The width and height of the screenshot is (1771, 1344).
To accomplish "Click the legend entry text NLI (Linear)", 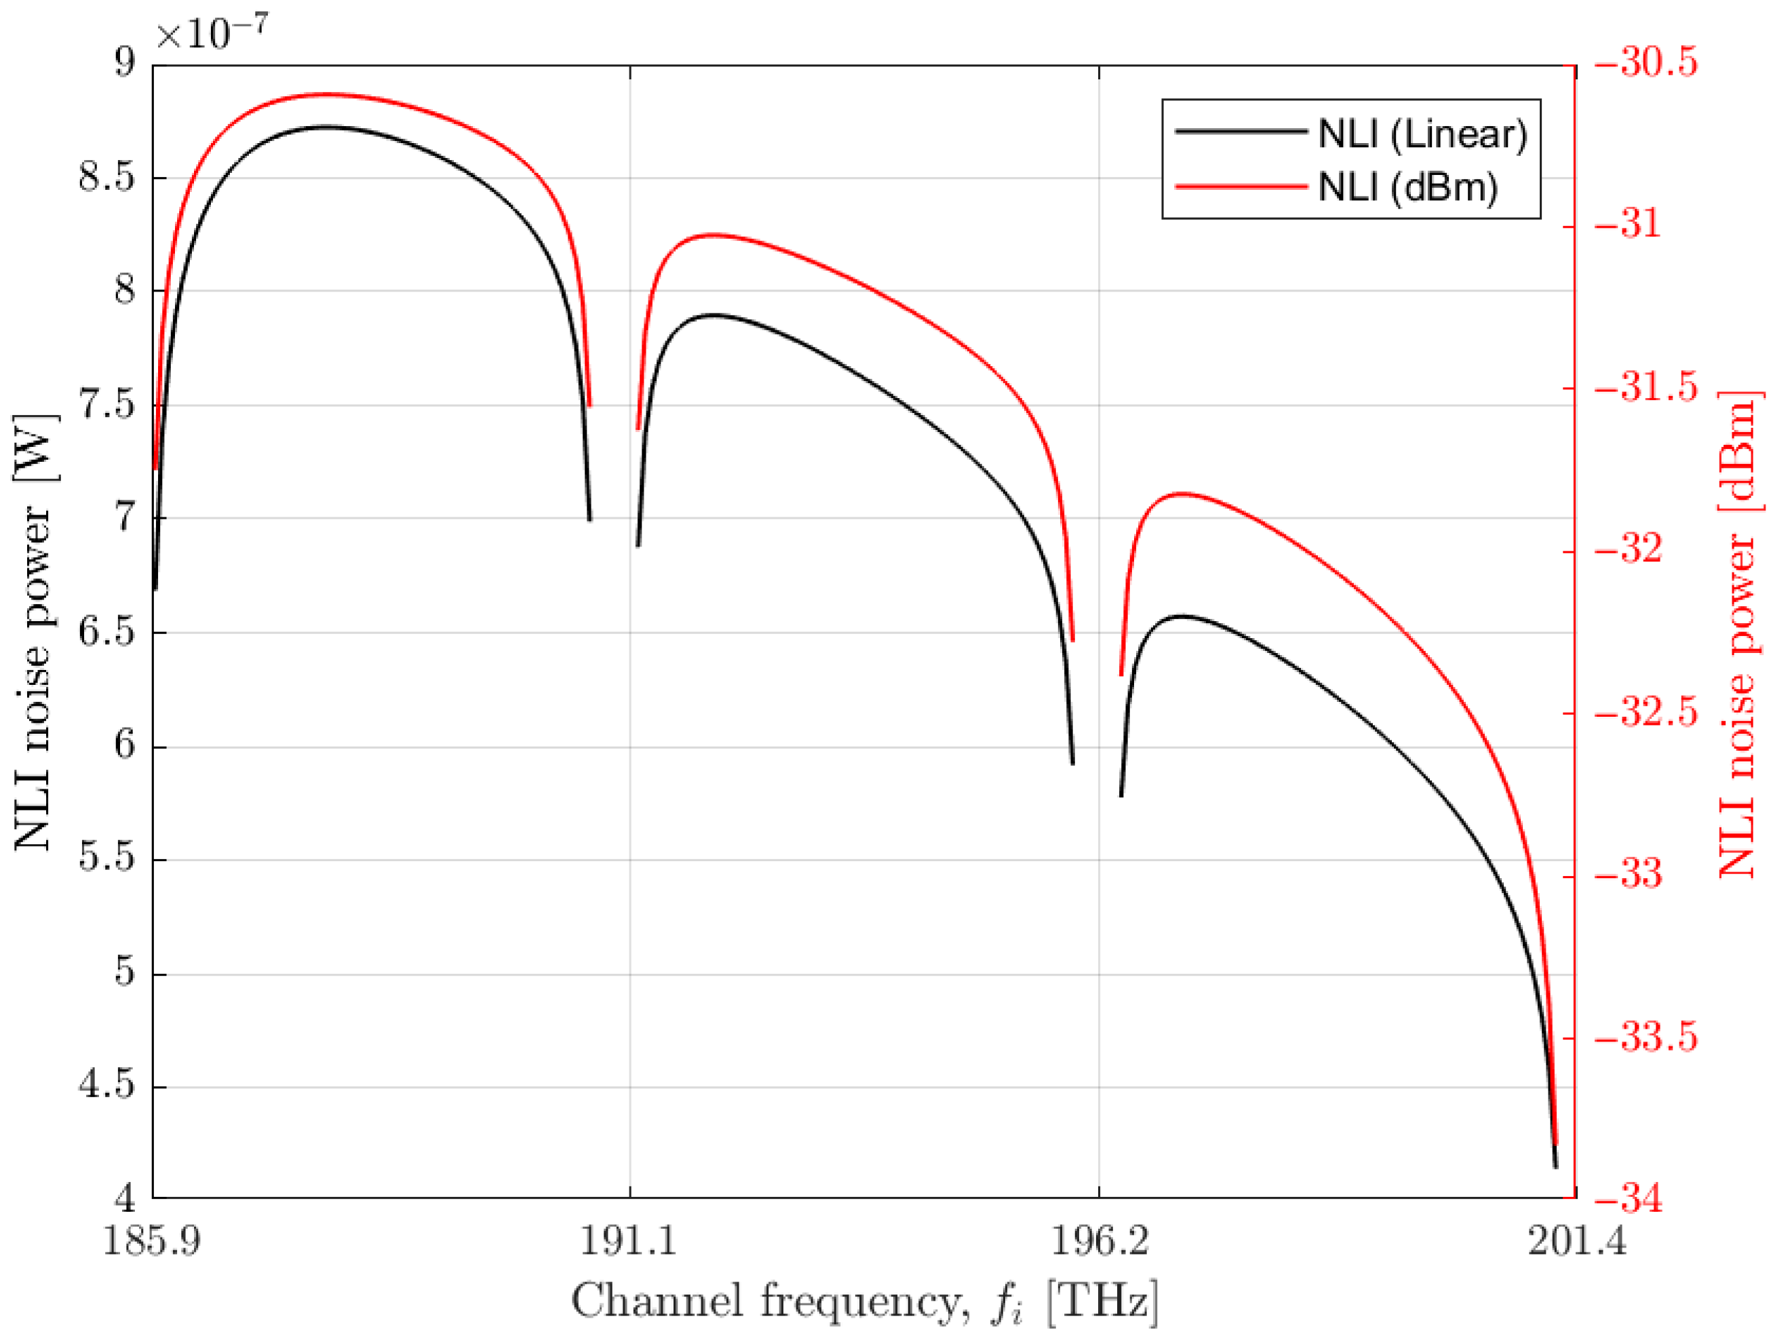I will pos(1422,134).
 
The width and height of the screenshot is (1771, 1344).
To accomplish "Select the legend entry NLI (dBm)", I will pos(1407,187).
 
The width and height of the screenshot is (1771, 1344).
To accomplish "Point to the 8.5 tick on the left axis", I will pos(105,178).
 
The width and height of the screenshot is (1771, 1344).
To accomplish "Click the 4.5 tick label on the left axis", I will pos(105,1086).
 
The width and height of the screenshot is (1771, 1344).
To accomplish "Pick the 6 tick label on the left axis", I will pos(125,746).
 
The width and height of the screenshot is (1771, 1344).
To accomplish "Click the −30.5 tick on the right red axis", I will pos(1646,64).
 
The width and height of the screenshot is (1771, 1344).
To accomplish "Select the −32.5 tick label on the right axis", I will pos(1646,713).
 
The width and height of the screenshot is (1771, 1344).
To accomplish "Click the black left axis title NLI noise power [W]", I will pos(34,633).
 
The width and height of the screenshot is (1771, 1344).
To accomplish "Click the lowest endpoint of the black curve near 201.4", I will pos(1555,1166).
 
